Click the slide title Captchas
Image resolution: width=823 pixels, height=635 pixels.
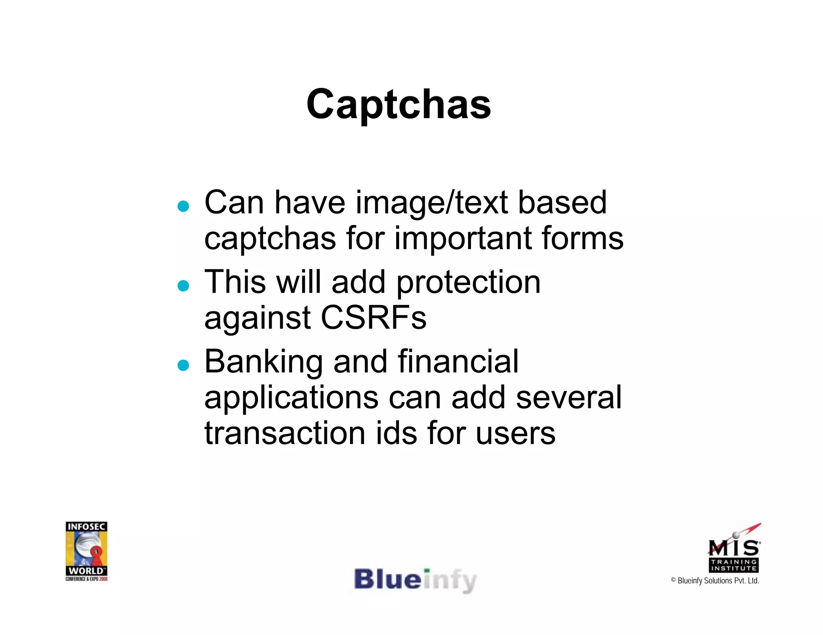click(398, 104)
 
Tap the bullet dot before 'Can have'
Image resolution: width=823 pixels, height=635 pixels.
click(183, 206)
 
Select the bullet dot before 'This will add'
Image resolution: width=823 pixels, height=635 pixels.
click(183, 286)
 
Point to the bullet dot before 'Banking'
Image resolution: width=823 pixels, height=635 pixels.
click(183, 365)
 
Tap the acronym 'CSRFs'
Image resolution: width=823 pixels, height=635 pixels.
click(373, 318)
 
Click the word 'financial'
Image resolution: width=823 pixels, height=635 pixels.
click(458, 362)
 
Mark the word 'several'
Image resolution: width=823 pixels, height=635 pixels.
click(569, 397)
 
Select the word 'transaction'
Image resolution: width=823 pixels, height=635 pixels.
click(285, 434)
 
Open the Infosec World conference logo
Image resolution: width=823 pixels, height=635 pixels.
click(86, 551)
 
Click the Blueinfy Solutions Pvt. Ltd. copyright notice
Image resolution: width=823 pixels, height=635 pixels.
click(715, 581)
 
